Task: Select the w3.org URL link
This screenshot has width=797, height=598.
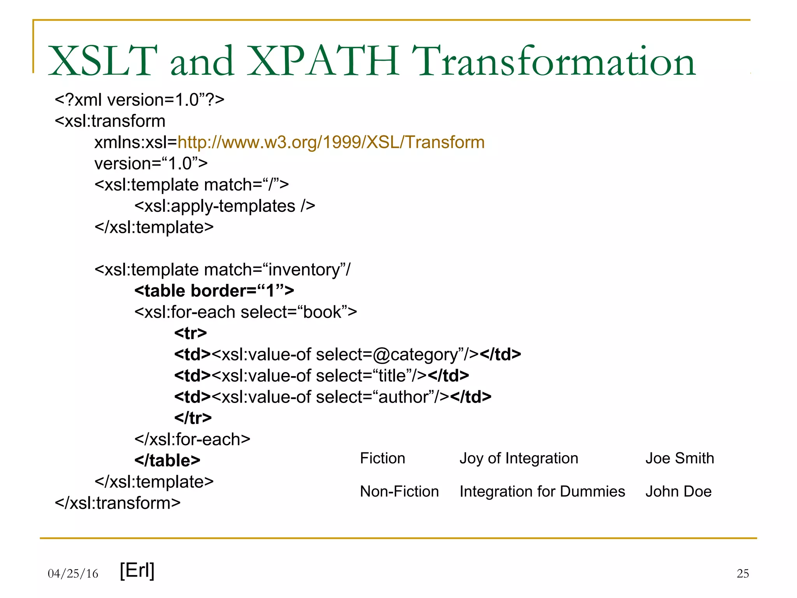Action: (x=331, y=142)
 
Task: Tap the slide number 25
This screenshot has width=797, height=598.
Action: (x=743, y=573)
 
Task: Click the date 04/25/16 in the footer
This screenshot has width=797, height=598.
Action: (x=73, y=573)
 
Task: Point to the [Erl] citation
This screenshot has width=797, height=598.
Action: (x=137, y=570)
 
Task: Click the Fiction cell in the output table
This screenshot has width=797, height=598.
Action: (x=383, y=458)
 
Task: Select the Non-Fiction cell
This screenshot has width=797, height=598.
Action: (x=399, y=491)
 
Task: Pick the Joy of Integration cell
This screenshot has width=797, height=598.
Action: (x=519, y=458)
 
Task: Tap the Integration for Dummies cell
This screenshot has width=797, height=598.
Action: (x=542, y=491)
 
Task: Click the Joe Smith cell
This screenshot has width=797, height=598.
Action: (x=679, y=458)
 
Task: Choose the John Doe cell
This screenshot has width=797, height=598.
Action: (x=678, y=491)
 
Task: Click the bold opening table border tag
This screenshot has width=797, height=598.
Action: (x=214, y=291)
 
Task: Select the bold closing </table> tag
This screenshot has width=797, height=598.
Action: (x=167, y=461)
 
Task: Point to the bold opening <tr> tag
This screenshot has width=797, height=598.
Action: (x=190, y=333)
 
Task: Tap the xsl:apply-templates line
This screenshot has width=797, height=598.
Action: (x=225, y=206)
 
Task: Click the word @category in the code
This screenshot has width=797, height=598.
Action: (x=415, y=355)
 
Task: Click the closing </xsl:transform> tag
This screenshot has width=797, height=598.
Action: (x=118, y=503)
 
